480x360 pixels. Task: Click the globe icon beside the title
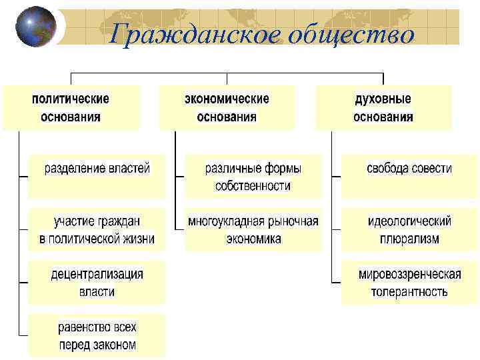click(35, 27)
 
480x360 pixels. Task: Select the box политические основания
click(71, 107)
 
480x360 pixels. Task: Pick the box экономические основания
click(227, 107)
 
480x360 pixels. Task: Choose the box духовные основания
click(383, 107)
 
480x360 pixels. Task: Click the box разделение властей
click(97, 176)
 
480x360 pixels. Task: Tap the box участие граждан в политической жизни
click(97, 229)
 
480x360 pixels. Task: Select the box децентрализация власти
click(97, 282)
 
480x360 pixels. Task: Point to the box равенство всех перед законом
click(97, 335)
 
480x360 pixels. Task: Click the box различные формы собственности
click(253, 176)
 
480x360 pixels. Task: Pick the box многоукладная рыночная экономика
click(253, 229)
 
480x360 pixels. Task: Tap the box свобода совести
click(409, 176)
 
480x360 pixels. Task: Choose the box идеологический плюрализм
click(409, 229)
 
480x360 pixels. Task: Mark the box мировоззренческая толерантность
click(409, 282)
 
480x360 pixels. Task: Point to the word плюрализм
click(409, 239)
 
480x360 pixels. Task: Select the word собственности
click(253, 186)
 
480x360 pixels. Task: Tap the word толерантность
click(409, 292)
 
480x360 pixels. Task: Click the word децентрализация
click(97, 273)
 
